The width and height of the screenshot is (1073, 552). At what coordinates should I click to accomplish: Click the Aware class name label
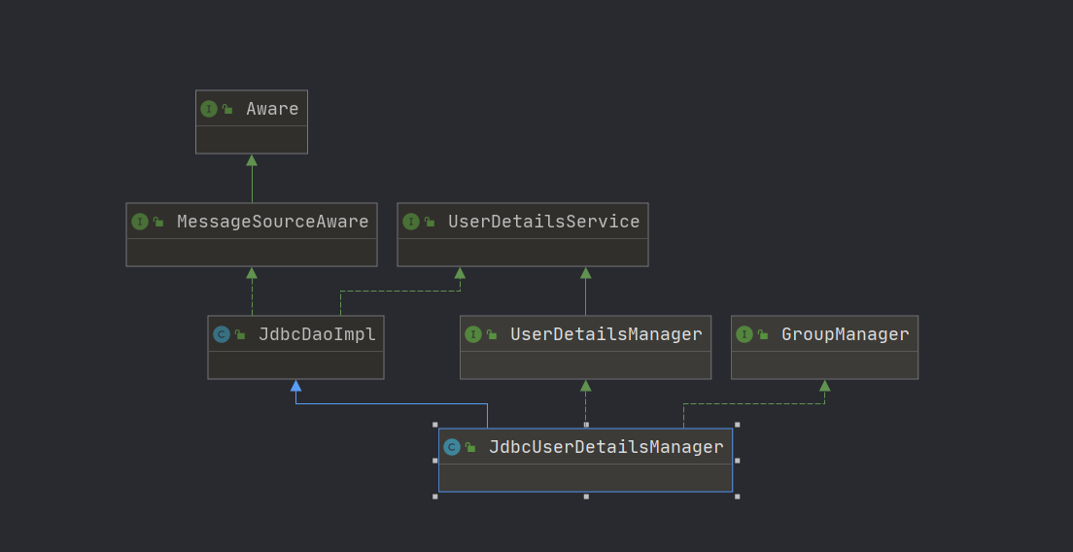(272, 109)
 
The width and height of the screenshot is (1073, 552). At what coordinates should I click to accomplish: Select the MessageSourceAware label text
(272, 222)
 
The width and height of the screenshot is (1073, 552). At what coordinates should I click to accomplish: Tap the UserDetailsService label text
(543, 222)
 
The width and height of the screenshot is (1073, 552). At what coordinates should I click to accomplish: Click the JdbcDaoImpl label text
(316, 334)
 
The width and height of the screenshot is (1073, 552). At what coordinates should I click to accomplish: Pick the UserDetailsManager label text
(606, 334)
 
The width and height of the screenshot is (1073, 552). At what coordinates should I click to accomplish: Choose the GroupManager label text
(845, 334)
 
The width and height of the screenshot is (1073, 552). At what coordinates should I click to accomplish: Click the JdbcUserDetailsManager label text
(606, 447)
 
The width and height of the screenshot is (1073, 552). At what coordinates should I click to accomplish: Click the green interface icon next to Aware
(208, 109)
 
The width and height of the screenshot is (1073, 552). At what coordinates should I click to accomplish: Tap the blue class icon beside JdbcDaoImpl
(221, 334)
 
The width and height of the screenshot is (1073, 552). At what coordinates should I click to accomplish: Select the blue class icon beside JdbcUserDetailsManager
(451, 447)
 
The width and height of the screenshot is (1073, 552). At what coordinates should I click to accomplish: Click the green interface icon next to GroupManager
(744, 334)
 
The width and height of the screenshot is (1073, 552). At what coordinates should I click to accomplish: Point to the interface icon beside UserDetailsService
(410, 222)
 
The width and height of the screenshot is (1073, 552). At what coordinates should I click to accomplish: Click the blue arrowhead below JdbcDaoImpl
(295, 386)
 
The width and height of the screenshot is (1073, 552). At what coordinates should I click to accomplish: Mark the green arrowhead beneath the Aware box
(252, 160)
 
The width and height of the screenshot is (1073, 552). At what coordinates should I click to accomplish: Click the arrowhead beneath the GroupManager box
(824, 386)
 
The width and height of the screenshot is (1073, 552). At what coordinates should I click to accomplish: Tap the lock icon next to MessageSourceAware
(157, 223)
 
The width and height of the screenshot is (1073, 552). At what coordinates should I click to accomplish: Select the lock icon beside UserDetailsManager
(491, 335)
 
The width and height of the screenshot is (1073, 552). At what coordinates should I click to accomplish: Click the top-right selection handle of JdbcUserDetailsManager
(738, 425)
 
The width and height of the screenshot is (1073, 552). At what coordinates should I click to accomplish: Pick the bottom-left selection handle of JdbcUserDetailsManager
(435, 497)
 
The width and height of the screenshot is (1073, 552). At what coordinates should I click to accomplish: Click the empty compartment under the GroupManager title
(824, 365)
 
